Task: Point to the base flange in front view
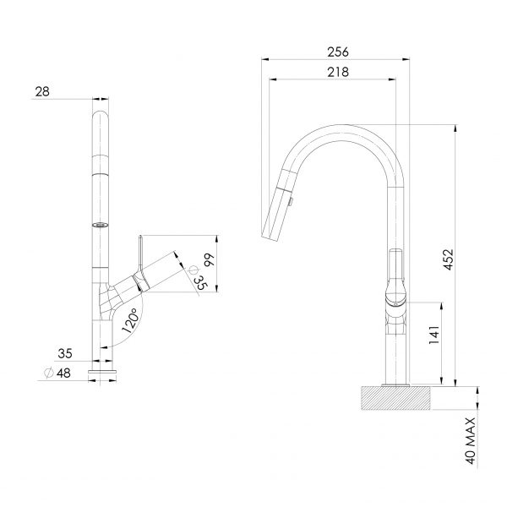103,371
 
